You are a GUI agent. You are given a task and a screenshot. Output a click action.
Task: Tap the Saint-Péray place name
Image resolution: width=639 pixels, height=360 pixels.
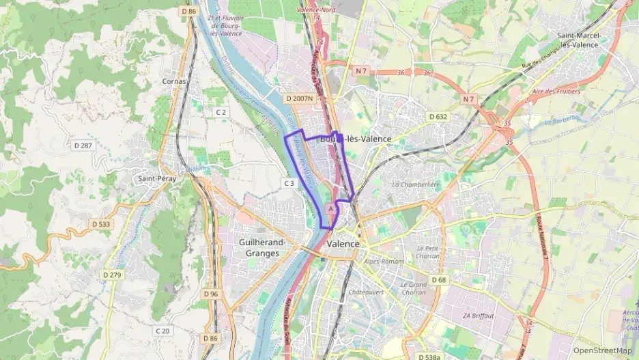pos(154,179)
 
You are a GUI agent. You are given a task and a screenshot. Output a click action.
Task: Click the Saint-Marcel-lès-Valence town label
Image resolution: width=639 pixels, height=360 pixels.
pos(578,40)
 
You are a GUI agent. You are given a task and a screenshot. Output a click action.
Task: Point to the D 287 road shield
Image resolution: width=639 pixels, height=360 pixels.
pos(83,146)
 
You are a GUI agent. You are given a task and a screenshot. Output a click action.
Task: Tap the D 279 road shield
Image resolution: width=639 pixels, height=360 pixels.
pos(111,275)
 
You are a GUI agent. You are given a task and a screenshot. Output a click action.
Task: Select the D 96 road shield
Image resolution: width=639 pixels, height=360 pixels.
pos(211,294)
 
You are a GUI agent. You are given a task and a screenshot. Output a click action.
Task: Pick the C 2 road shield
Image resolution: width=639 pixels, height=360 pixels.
pos(221,111)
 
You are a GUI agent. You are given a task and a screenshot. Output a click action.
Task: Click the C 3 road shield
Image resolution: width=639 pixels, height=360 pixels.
pos(289,183)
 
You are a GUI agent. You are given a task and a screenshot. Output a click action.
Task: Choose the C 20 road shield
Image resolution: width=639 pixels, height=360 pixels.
pos(162,331)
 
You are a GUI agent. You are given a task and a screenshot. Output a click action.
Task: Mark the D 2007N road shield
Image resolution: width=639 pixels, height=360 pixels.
pos(300,98)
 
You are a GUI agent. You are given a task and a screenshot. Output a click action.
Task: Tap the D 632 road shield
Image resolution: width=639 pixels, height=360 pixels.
pos(438,117)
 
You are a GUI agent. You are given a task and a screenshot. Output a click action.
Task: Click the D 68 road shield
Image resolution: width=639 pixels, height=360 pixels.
pos(439,280)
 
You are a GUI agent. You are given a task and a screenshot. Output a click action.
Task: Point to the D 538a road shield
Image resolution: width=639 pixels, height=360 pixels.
pos(427,357)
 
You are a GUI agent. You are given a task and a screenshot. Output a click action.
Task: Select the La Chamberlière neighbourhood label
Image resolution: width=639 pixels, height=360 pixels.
pos(416,184)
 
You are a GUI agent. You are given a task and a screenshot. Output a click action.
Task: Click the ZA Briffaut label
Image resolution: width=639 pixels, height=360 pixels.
pos(477,316)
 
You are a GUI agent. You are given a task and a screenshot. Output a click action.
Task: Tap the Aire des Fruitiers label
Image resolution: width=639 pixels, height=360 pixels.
pos(555,91)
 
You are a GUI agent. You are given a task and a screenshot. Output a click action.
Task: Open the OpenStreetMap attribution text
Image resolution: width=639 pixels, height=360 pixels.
pos(602,350)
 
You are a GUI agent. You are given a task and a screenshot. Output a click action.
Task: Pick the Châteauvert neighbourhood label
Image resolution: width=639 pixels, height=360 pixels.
pos(366,292)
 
